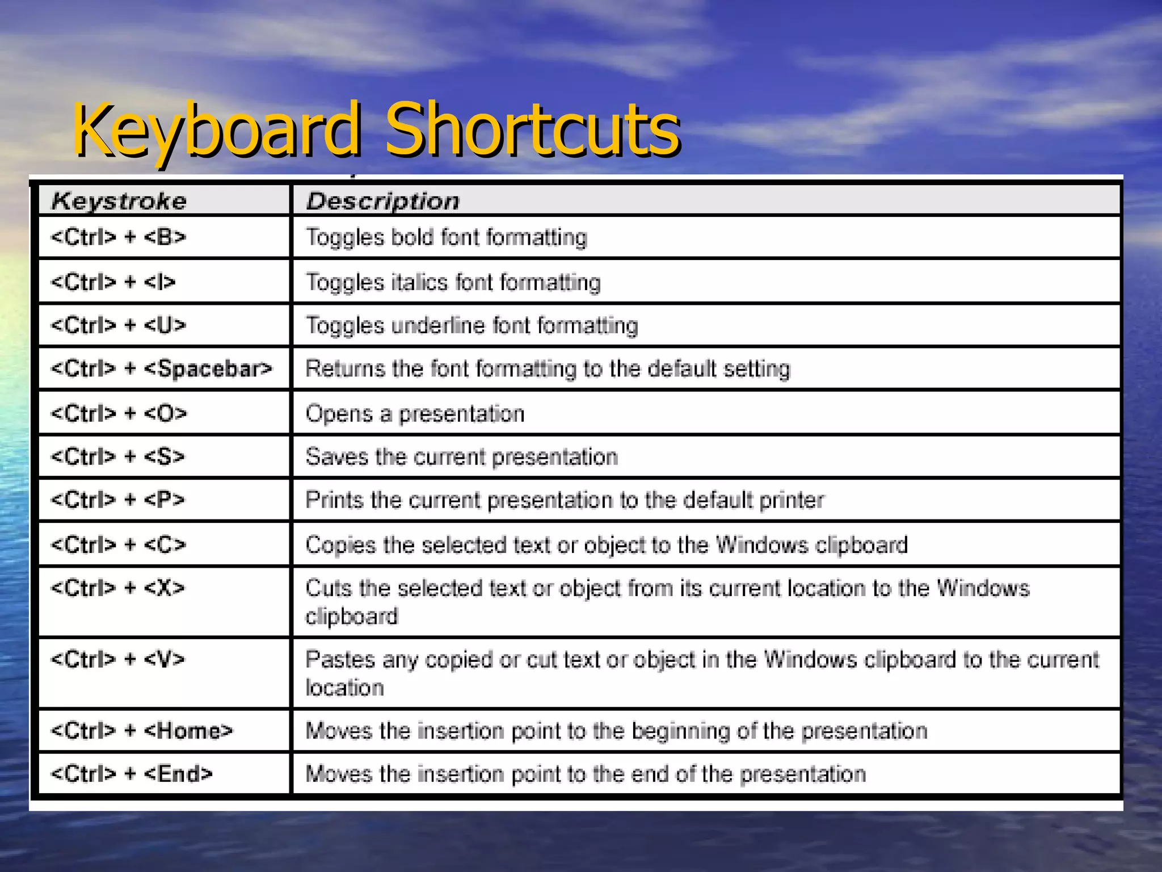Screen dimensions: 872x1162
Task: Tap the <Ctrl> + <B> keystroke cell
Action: tap(119, 237)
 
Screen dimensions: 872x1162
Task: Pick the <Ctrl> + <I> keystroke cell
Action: tap(113, 282)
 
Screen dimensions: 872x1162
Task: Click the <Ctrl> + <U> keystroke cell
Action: tap(119, 325)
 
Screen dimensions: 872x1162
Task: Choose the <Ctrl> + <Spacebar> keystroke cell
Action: tap(161, 369)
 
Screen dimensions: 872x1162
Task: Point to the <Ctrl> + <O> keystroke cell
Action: tap(119, 413)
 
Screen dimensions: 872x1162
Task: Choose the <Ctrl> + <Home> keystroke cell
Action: tap(142, 731)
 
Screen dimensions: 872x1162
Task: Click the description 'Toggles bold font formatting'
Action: tap(447, 237)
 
